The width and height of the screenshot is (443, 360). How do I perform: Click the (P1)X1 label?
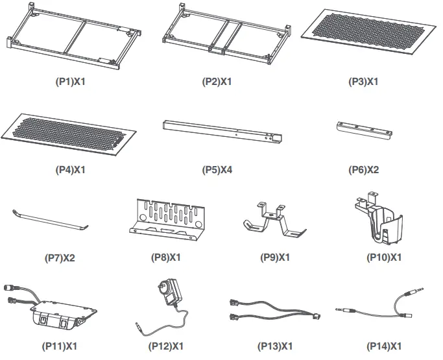[x=69, y=82]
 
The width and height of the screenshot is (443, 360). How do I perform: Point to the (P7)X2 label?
[x=60, y=258]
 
